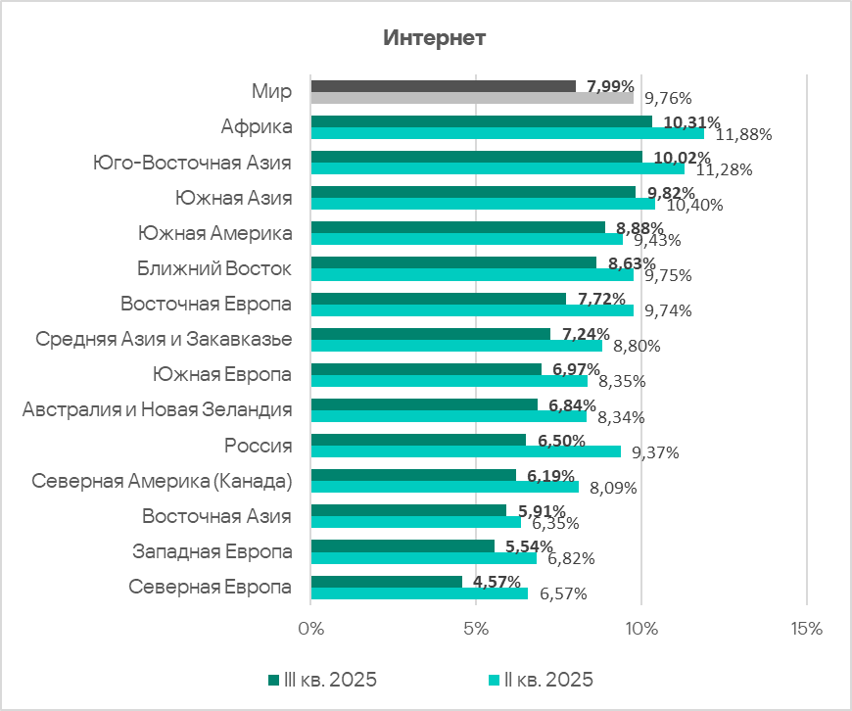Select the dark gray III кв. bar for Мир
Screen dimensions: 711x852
coord(443,86)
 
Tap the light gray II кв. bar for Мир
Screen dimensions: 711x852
coord(472,98)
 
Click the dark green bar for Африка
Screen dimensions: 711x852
coord(481,121)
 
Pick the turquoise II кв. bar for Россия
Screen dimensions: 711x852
coord(465,451)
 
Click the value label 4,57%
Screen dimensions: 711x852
coord(497,582)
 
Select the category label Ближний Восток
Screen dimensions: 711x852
coord(224,268)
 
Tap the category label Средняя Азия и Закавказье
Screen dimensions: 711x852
coord(164,339)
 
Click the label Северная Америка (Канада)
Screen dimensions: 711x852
coord(163,481)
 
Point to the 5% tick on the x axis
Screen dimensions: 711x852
coord(476,627)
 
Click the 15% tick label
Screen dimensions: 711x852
coord(805,627)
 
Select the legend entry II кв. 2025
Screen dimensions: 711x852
coord(548,680)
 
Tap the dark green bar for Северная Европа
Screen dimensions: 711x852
coord(386,582)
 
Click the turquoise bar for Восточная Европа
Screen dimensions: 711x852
coord(471,309)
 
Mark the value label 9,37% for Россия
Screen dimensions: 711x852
coord(655,452)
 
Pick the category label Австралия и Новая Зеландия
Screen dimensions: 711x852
coord(158,409)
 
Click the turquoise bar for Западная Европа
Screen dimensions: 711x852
coord(423,558)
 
